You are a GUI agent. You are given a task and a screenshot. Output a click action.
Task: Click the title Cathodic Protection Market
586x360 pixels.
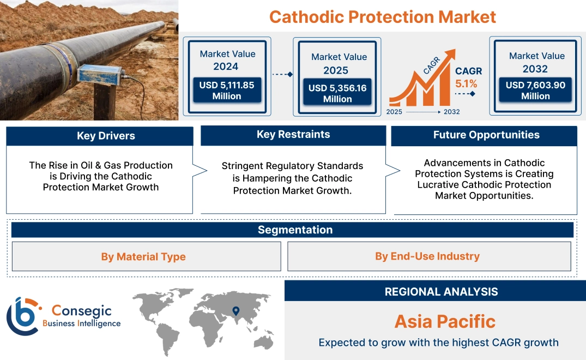point(382,16)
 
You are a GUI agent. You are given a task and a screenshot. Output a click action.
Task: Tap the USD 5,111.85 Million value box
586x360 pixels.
point(226,91)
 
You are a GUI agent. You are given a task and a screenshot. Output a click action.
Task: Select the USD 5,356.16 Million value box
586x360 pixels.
point(337,93)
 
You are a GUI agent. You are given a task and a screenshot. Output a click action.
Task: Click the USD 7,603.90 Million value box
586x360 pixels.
point(535,91)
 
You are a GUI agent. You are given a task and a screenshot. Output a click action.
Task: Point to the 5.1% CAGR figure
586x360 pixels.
point(466,83)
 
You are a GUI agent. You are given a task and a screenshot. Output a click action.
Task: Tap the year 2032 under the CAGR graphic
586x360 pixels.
point(451,112)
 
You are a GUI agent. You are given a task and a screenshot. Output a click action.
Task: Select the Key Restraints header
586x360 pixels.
point(293,135)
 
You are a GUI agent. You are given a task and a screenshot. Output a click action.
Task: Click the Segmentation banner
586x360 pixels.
point(295,230)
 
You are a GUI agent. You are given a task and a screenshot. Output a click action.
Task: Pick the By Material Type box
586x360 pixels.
point(143,256)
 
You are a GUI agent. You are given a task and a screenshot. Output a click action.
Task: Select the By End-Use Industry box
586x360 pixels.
point(427,256)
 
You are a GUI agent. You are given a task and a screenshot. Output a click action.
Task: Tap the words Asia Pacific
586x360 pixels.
point(445,321)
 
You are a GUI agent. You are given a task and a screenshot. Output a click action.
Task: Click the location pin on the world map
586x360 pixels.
point(235,311)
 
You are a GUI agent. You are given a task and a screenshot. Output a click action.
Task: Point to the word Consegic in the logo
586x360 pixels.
point(81,311)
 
